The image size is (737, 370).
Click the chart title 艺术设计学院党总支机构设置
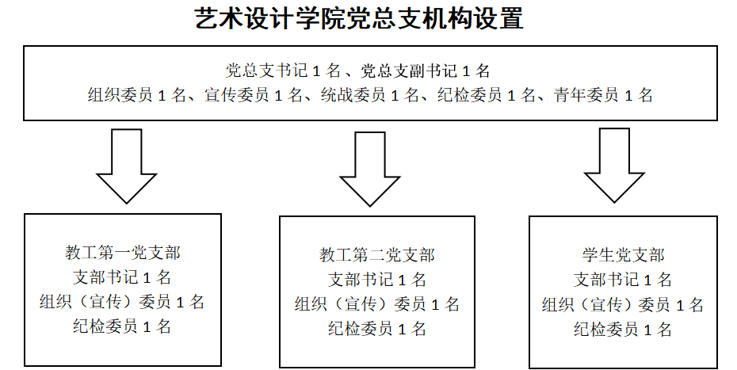tap(359, 19)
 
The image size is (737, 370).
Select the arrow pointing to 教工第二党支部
tap(370, 169)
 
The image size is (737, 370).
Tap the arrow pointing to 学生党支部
tap(614, 166)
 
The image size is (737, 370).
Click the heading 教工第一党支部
tap(123, 253)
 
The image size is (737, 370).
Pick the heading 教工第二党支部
tap(377, 255)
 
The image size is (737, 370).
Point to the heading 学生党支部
tap(623, 255)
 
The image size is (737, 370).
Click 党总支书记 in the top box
tap(266, 71)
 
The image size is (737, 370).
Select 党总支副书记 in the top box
tap(409, 71)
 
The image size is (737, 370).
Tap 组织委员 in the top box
tap(120, 95)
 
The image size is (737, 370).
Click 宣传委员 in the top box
tap(236, 95)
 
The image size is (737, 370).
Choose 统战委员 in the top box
tap(353, 95)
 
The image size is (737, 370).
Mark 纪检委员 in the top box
tap(470, 95)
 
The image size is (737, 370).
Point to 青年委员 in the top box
tap(586, 95)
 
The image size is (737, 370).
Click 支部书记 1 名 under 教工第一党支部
tap(122, 277)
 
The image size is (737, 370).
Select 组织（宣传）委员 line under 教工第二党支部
tap(377, 304)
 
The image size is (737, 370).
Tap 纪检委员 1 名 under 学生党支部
tap(623, 329)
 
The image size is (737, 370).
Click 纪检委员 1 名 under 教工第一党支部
tap(122, 326)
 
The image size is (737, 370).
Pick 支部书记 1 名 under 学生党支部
tap(623, 280)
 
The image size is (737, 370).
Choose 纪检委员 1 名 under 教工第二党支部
tap(377, 329)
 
